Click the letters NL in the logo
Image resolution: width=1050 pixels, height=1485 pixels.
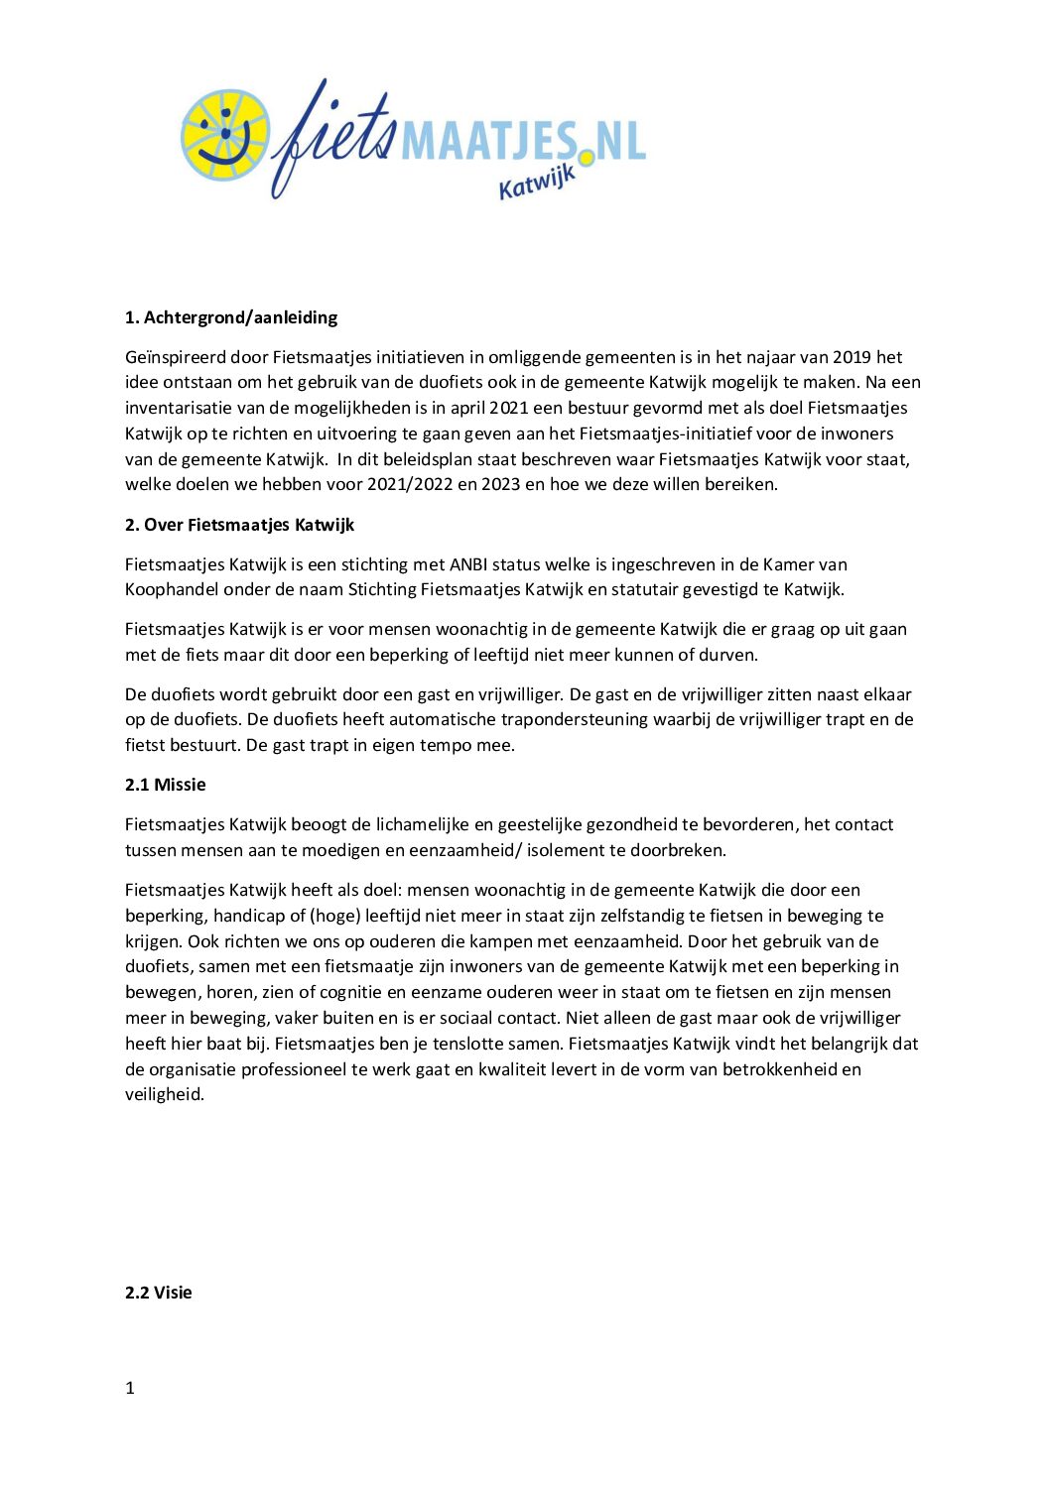point(620,141)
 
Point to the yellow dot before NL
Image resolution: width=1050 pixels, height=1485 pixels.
point(587,157)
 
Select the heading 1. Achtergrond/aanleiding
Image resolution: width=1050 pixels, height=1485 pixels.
point(230,317)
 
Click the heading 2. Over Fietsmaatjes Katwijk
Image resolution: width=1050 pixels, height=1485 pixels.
point(239,525)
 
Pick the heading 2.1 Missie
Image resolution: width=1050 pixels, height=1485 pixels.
point(165,785)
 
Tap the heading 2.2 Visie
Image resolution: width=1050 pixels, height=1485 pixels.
point(158,1293)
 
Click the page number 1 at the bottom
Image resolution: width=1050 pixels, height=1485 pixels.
point(130,1388)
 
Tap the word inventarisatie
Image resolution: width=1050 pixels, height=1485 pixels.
point(178,408)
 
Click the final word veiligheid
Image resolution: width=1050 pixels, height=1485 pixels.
point(164,1095)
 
